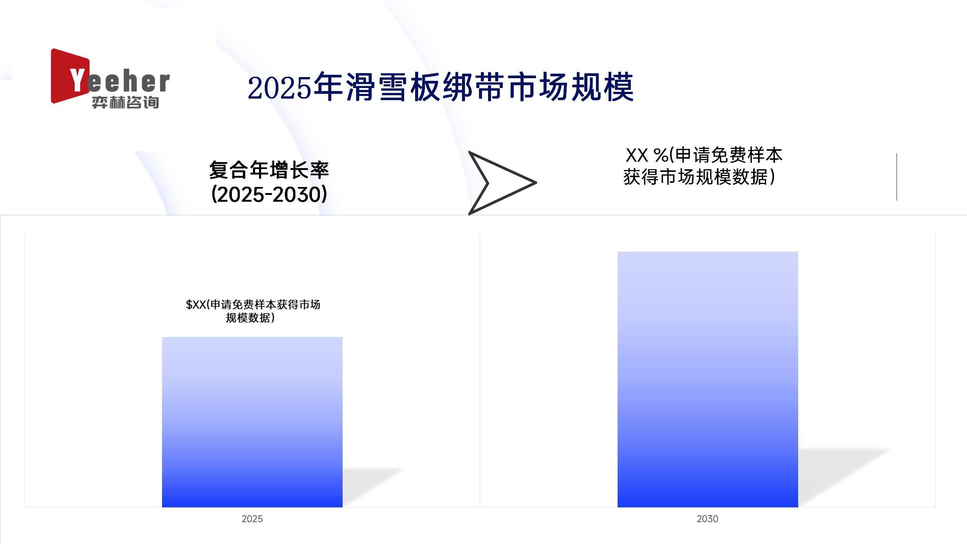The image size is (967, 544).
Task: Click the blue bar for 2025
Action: point(252,422)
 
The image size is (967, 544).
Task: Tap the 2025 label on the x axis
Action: point(252,519)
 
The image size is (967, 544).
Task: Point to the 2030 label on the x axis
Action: point(707,519)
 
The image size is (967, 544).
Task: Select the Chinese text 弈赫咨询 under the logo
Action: point(125,102)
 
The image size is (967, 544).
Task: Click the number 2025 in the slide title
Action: point(280,88)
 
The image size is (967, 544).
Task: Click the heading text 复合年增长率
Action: point(269,170)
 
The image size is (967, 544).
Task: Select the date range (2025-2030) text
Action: point(269,194)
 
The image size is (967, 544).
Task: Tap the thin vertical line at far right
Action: point(896,177)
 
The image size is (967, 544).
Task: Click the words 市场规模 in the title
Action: point(570,88)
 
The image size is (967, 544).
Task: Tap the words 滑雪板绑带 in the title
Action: point(425,88)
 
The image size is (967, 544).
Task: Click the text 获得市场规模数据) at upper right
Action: point(699,177)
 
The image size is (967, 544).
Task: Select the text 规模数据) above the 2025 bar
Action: point(250,318)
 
